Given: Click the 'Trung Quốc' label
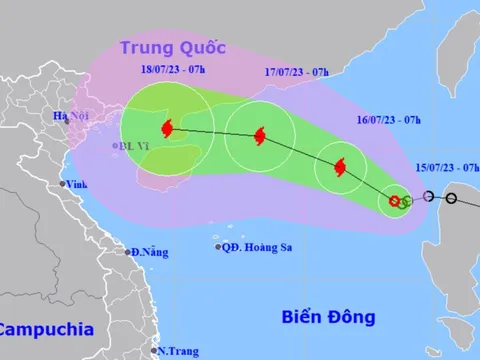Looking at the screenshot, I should click(x=172, y=47).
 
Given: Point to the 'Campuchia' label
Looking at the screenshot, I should click(x=46, y=329).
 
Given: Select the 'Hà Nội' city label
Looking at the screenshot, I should click(x=72, y=118).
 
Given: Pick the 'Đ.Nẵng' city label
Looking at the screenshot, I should click(x=149, y=251).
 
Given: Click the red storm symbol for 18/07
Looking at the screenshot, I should click(x=167, y=128).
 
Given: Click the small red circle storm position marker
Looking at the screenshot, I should click(x=395, y=202).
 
